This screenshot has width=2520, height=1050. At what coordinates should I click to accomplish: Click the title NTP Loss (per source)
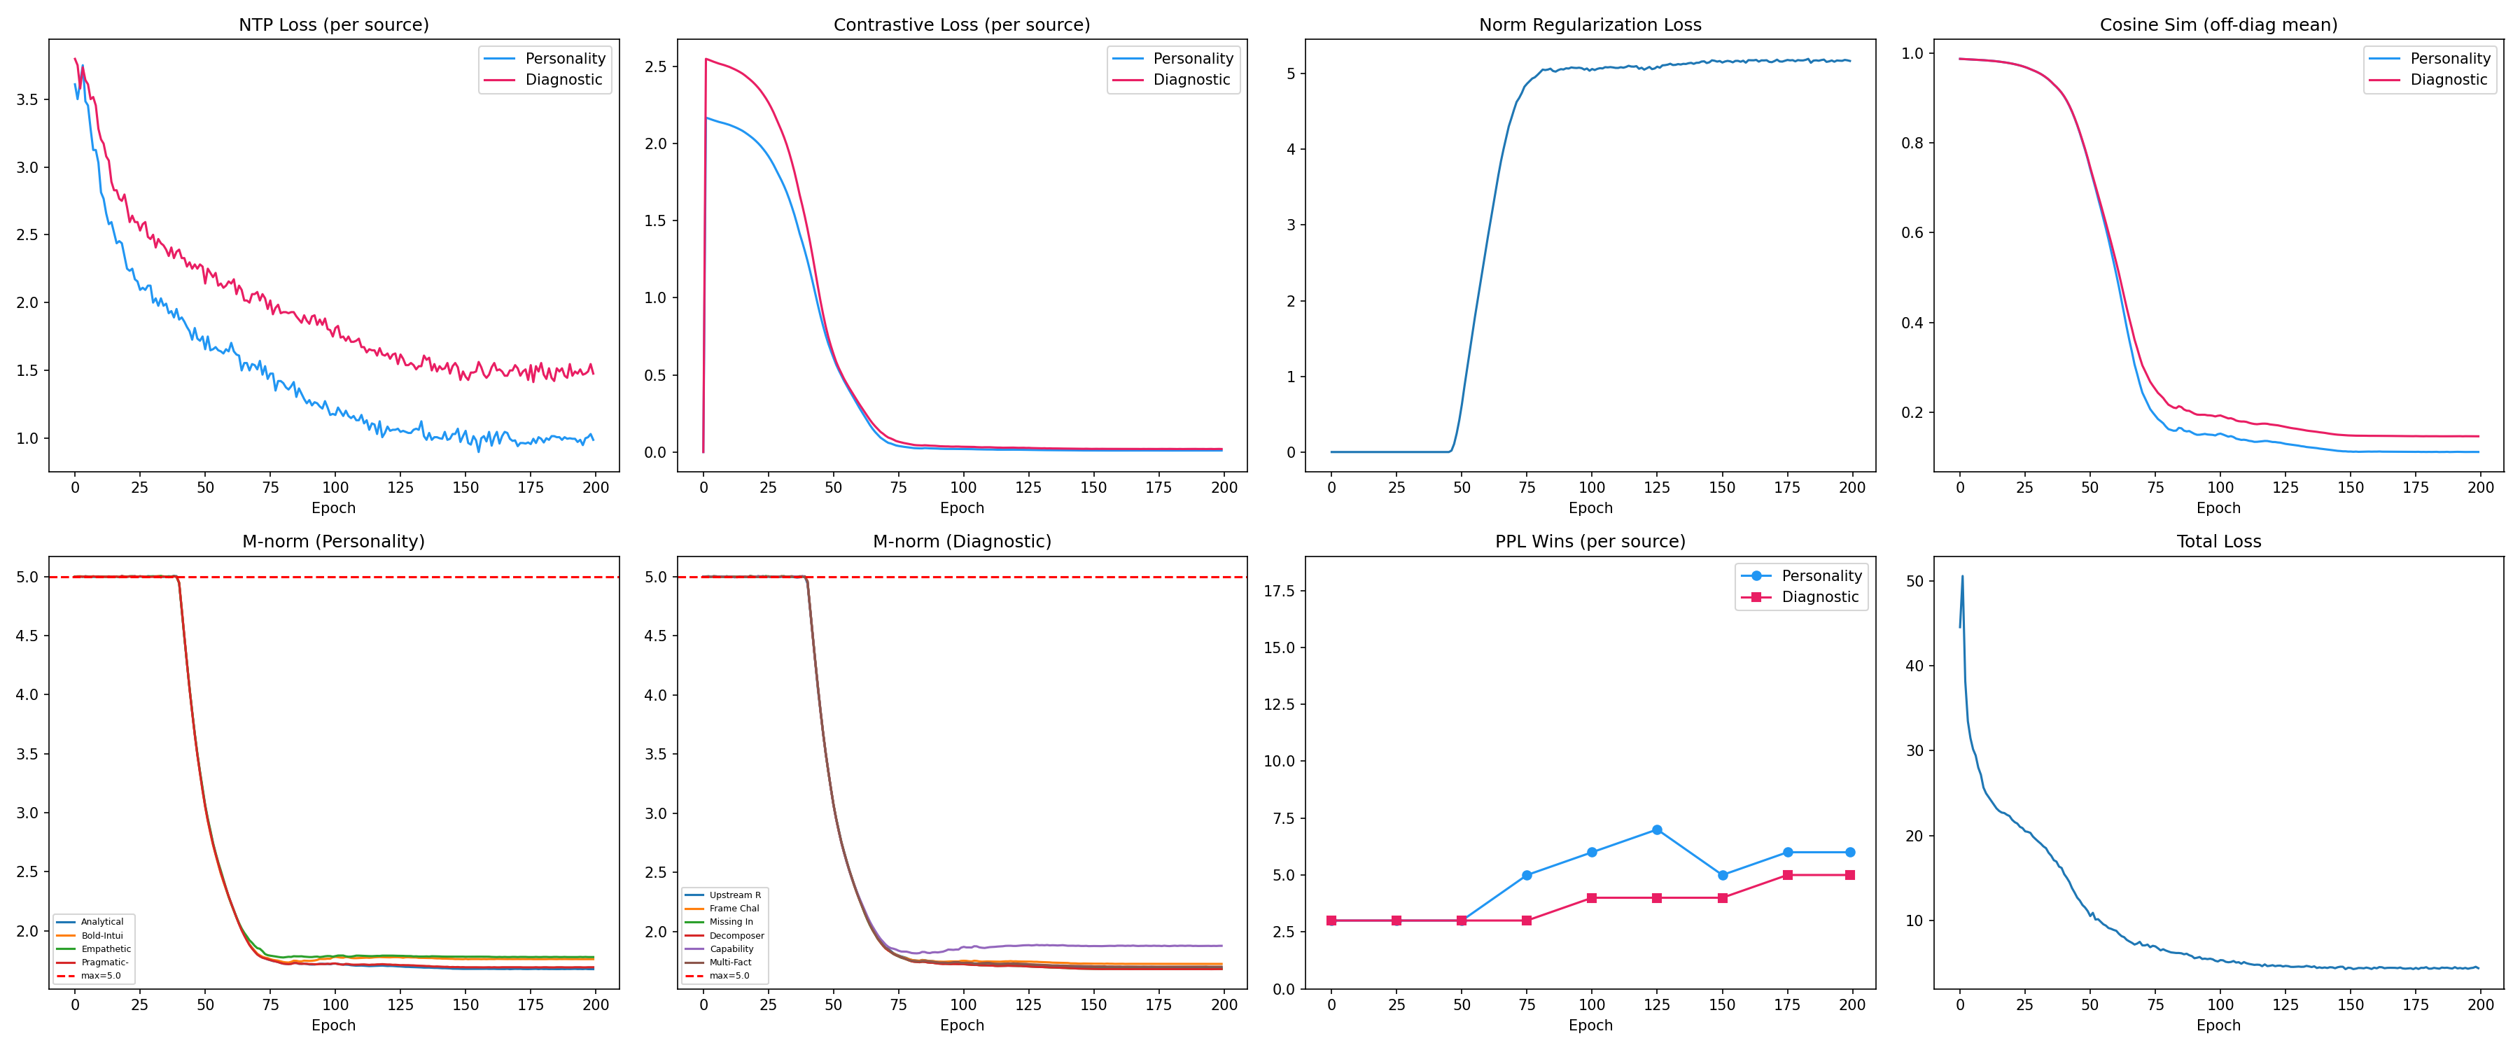tap(334, 24)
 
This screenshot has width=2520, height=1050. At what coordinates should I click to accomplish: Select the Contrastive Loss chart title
tap(962, 24)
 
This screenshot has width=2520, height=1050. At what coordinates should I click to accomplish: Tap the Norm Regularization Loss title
tap(1590, 24)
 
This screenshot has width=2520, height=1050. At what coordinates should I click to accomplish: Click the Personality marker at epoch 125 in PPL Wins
tap(1656, 829)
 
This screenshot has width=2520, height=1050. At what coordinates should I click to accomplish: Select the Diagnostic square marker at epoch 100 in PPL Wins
tap(1592, 898)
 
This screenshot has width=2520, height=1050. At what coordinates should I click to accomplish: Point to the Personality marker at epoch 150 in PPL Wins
tap(1722, 875)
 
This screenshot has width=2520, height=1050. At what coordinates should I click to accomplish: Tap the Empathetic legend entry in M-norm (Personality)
tap(106, 949)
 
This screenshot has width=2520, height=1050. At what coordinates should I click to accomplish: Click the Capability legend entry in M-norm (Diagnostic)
tap(731, 949)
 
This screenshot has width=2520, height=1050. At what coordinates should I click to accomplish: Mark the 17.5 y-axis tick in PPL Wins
tap(1279, 591)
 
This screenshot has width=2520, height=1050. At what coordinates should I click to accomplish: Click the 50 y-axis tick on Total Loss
tap(1914, 581)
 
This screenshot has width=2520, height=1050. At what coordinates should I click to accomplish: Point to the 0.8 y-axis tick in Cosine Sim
tap(1912, 143)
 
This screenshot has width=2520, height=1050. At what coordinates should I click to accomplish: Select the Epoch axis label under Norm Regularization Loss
tap(1590, 508)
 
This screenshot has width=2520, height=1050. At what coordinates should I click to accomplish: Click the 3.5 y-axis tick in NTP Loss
tap(27, 100)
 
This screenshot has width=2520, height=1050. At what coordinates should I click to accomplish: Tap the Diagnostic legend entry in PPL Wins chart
tap(1819, 597)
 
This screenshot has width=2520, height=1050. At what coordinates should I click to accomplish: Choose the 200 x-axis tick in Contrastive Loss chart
tap(1224, 487)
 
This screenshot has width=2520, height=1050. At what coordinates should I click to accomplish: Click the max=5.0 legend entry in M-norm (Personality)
tap(101, 976)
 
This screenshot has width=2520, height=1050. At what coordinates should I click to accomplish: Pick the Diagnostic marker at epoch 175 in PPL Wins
tap(1787, 875)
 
